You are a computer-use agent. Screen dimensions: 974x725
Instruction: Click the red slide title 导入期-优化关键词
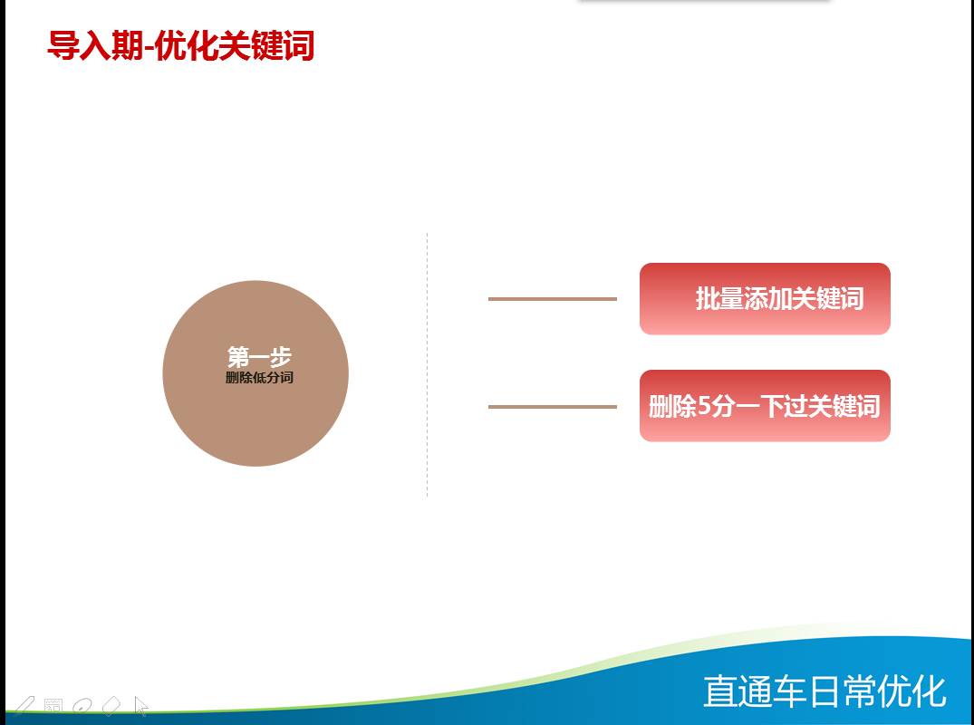tap(181, 45)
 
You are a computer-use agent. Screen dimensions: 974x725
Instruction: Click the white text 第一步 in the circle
tap(259, 357)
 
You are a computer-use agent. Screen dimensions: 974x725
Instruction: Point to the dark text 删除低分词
tap(259, 377)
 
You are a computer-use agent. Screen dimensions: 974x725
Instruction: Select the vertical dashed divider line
tap(427, 364)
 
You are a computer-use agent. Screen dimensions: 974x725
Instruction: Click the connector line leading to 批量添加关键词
tap(552, 299)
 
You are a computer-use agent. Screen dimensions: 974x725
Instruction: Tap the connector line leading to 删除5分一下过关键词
tap(552, 407)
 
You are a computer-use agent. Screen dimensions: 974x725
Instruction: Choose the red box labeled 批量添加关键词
tap(765, 299)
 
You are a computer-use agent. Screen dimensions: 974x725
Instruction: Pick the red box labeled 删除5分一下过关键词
tap(765, 406)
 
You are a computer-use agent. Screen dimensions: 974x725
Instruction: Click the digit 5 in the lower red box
tap(704, 406)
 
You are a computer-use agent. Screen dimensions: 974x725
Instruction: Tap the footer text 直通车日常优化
tap(825, 691)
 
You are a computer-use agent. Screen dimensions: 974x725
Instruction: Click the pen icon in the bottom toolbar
tap(24, 706)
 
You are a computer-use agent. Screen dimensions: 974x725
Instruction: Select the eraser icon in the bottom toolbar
tap(111, 706)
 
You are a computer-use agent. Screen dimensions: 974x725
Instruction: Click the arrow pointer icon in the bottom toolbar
tap(141, 706)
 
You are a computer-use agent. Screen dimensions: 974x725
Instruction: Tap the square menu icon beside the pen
tap(53, 706)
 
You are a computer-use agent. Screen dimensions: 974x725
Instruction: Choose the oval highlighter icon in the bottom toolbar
tap(82, 706)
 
